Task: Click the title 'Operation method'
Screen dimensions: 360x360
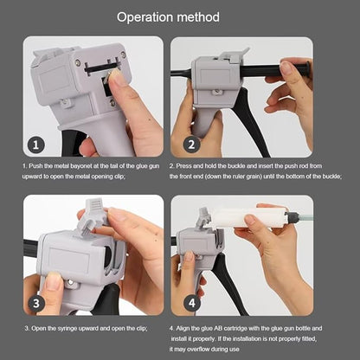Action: pos(179,16)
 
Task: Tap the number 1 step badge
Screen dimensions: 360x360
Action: pos(36,145)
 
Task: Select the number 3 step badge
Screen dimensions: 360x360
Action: pos(36,304)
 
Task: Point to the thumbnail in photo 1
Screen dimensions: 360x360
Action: pos(116,79)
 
